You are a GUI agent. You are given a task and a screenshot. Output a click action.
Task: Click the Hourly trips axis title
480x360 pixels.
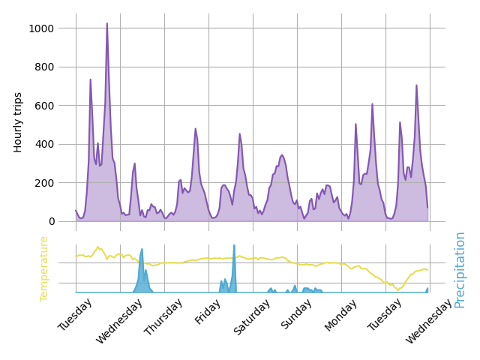[x=19, y=122]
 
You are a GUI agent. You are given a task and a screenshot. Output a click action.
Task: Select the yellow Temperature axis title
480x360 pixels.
[x=44, y=268]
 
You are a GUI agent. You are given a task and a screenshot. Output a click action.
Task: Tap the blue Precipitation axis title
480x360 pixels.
[x=460, y=269]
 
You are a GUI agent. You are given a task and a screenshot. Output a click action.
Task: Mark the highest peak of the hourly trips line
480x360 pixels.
[x=106, y=24]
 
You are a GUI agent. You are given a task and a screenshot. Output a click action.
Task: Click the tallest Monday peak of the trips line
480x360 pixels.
[x=372, y=104]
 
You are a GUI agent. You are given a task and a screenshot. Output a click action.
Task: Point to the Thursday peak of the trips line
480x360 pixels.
[x=196, y=129]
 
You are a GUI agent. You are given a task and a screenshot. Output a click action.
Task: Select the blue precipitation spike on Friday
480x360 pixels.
[x=234, y=246]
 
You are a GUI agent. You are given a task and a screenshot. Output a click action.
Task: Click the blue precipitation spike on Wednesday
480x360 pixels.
[x=142, y=250]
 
